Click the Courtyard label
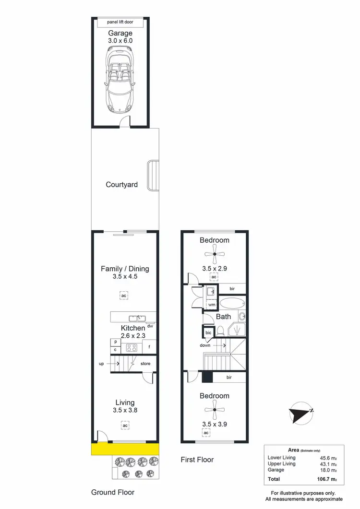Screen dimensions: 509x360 pos(122,185)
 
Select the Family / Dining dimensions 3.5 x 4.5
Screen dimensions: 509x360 pos(125,277)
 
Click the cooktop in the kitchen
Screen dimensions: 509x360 pos(132,347)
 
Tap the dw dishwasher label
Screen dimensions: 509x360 pos(150,326)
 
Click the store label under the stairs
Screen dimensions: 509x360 pos(145,364)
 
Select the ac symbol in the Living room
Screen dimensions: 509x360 pos(124,425)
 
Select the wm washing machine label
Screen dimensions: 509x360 pos(211,305)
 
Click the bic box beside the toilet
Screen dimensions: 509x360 pos(208,332)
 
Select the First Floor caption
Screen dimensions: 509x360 pos(197,460)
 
